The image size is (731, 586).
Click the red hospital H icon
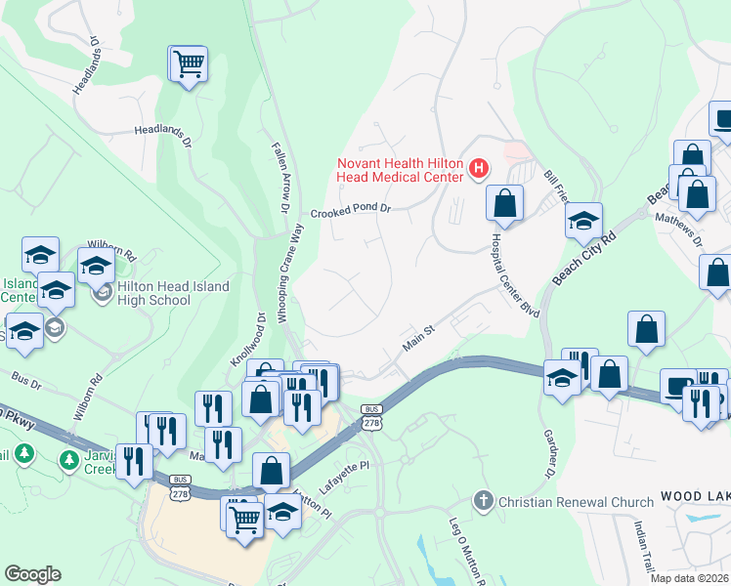pos(479,169)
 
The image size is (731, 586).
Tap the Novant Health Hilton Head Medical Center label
pos(400,170)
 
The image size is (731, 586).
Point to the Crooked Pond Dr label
pos(351,211)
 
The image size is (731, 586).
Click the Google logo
pos(32,574)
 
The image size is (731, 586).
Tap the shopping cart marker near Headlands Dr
pos(189,65)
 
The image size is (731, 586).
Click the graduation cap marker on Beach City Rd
pos(583,222)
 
